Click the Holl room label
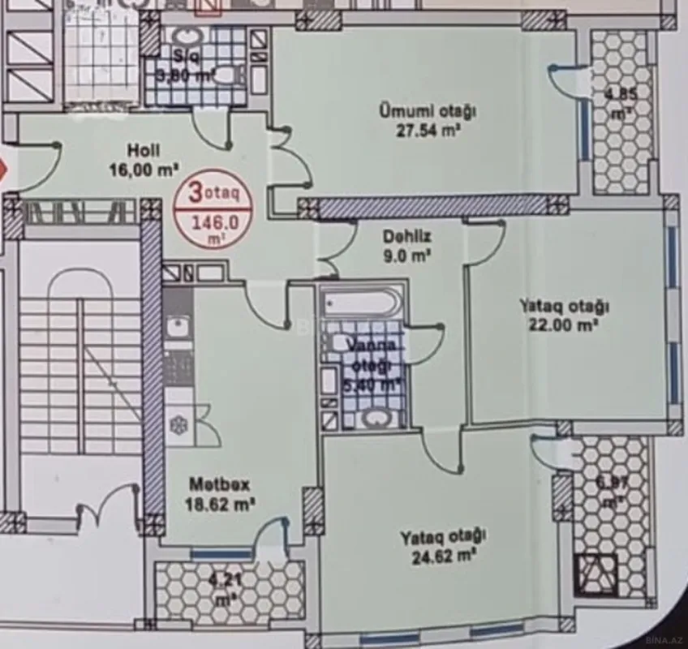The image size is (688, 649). (x=143, y=149)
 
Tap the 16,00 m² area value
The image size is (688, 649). (x=144, y=170)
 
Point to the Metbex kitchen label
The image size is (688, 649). (x=219, y=484)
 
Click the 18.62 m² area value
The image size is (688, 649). (x=222, y=503)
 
